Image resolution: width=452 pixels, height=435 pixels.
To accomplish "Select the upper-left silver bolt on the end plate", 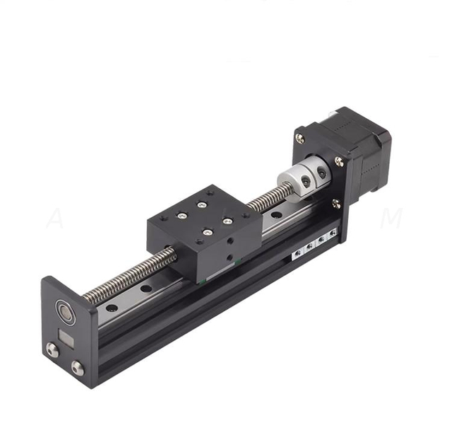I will (52, 349).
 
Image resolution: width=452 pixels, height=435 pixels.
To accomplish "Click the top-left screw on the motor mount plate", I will (300, 138).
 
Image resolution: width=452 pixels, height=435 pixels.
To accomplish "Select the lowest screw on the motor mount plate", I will (335, 204).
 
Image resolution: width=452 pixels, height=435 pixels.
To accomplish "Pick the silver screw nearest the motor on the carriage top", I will (228, 221).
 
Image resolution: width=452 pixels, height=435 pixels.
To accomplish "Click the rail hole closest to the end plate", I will (112, 308).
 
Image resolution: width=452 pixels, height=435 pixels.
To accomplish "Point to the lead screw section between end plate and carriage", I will (134, 276).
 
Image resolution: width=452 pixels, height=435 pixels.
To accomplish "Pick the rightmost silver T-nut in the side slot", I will (333, 234).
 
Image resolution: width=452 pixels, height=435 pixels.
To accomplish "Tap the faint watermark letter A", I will (54, 219).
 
